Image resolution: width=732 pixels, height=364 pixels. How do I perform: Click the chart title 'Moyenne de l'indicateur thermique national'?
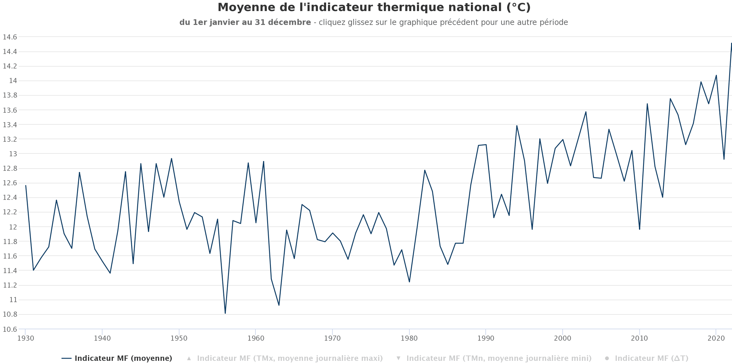pyautogui.click(x=374, y=8)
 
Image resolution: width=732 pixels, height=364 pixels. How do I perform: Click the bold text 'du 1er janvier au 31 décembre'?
pyautogui.click(x=245, y=22)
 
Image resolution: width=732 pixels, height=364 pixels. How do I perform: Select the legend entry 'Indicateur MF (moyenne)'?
pyautogui.click(x=123, y=358)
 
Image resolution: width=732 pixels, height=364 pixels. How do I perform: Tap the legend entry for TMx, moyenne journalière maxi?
pyautogui.click(x=290, y=358)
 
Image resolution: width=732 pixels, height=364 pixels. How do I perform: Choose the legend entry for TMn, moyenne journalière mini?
pyautogui.click(x=499, y=358)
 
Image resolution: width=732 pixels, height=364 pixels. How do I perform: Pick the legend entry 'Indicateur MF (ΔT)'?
pyautogui.click(x=651, y=358)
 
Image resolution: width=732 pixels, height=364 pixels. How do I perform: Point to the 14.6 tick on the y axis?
pyautogui.click(x=10, y=37)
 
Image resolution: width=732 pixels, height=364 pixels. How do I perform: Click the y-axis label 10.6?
pyautogui.click(x=10, y=329)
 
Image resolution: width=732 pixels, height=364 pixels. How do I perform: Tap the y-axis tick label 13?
pyautogui.click(x=13, y=154)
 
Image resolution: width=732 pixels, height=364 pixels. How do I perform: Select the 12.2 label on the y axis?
pyautogui.click(x=10, y=212)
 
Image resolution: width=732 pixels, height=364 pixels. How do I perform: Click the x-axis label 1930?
pyautogui.click(x=26, y=338)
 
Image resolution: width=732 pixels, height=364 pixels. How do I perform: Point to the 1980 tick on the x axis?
pyautogui.click(x=409, y=338)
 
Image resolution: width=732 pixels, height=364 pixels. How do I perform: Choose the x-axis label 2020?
pyautogui.click(x=716, y=338)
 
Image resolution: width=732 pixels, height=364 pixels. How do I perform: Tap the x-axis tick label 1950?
pyautogui.click(x=179, y=338)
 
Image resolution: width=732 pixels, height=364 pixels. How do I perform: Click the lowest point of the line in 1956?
pyautogui.click(x=225, y=313)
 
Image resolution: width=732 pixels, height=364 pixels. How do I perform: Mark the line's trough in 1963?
pyautogui.click(x=279, y=305)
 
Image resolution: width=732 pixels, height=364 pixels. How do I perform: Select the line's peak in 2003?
pyautogui.click(x=586, y=112)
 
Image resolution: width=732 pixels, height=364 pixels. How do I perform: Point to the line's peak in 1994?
pyautogui.click(x=517, y=126)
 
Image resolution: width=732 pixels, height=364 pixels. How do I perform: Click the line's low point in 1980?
pyautogui.click(x=409, y=282)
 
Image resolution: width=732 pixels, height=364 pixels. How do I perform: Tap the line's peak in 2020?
pyautogui.click(x=716, y=75)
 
